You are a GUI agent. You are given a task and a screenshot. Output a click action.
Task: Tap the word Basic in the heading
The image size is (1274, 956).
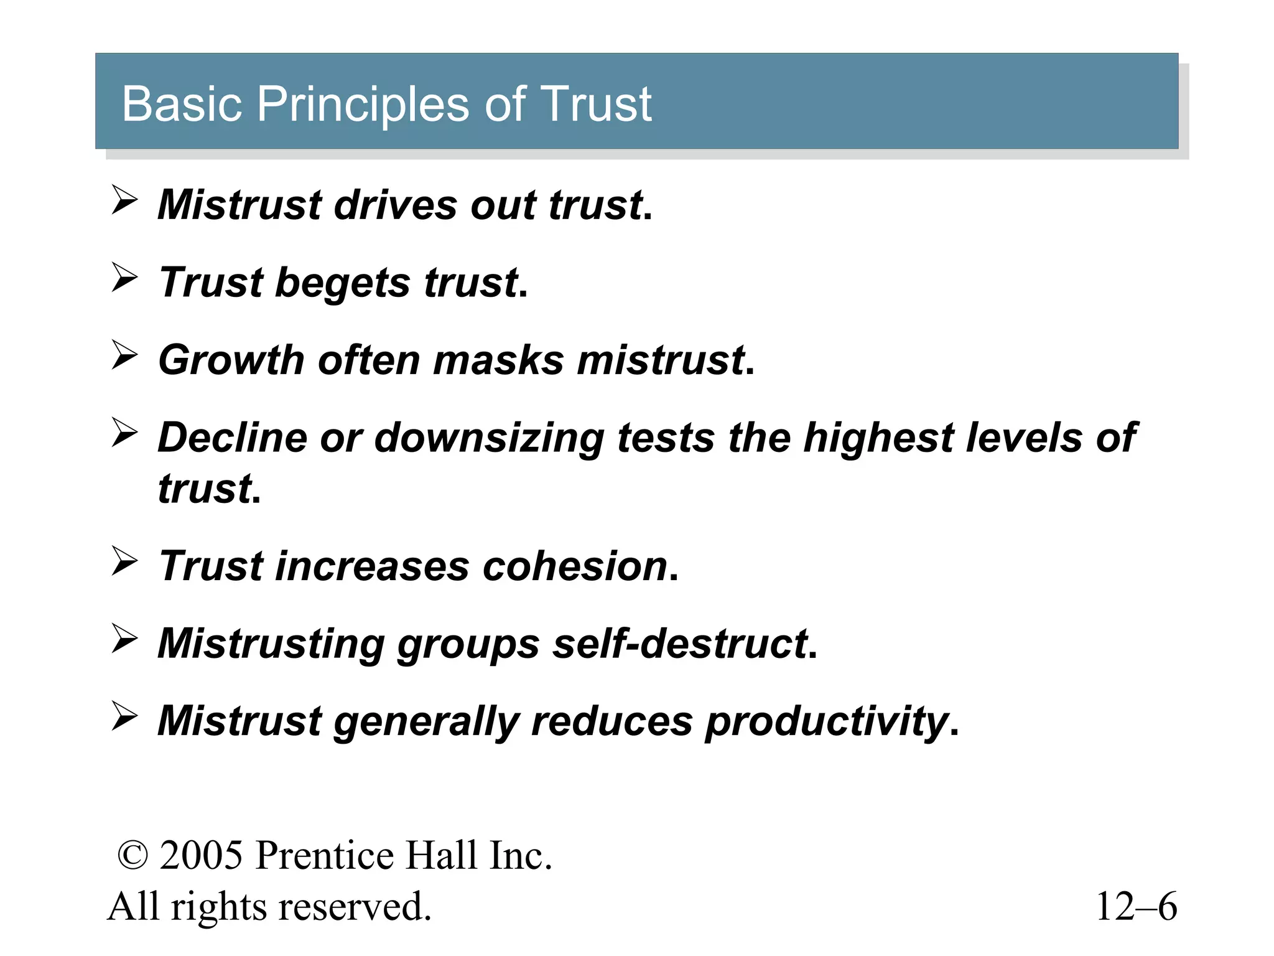pos(182,104)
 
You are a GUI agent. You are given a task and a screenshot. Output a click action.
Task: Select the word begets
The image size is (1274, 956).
pos(342,283)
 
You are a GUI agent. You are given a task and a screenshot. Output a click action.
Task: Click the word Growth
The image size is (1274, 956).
pos(231,360)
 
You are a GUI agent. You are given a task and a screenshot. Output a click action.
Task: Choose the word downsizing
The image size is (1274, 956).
pos(489,438)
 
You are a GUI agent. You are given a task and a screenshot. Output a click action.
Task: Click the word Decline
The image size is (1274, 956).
pos(232,438)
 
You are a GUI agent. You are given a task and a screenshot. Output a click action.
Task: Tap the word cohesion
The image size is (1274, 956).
pos(575,566)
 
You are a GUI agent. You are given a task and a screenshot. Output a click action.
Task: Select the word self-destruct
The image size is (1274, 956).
pos(681,644)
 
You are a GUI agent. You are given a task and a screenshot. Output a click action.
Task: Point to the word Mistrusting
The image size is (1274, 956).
pos(271,644)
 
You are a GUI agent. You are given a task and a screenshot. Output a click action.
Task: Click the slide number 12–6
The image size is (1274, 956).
pos(1136,906)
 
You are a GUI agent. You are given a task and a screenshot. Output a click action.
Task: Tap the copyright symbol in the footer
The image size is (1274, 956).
pos(133,856)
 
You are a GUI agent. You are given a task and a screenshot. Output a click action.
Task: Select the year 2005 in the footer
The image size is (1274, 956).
pos(201,856)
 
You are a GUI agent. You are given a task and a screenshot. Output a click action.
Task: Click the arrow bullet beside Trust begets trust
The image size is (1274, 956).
pos(124,278)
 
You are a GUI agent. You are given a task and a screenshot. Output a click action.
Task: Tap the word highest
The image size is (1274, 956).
pos(878,438)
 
